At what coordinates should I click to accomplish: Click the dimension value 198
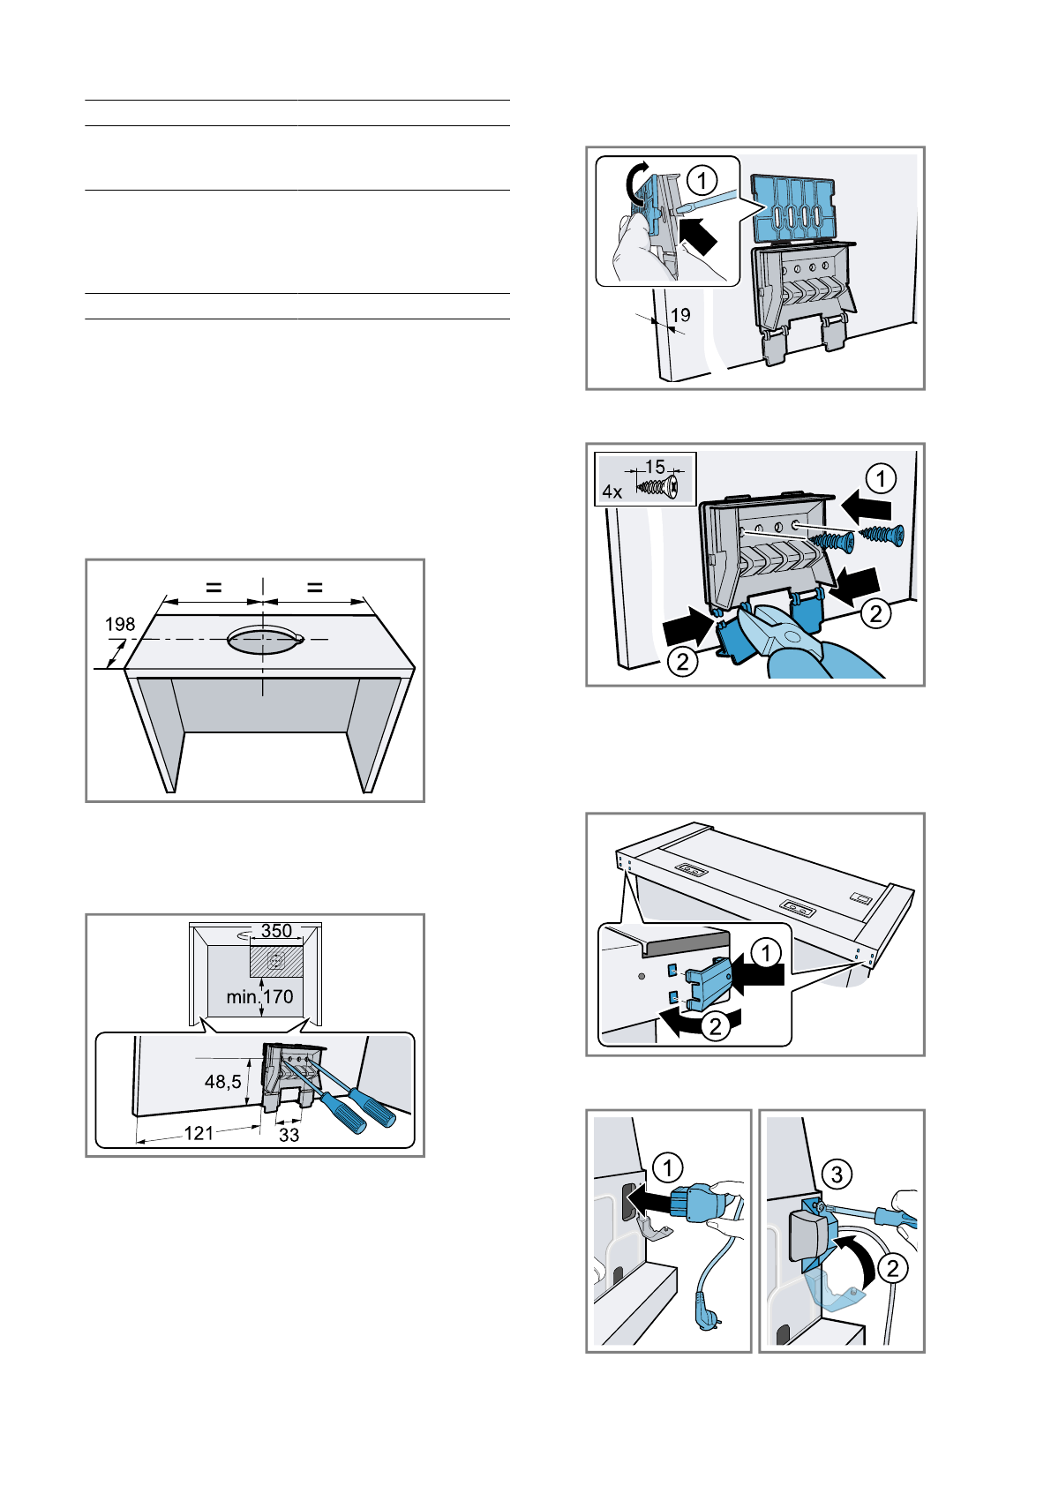click(x=120, y=624)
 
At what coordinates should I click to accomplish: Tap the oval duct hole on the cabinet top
click(x=262, y=640)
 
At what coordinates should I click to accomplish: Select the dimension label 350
click(x=276, y=931)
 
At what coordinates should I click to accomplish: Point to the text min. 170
click(x=259, y=997)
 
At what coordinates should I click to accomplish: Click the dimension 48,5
click(x=222, y=1081)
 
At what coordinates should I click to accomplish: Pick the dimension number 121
click(x=199, y=1133)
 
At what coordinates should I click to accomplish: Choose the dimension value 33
click(x=289, y=1136)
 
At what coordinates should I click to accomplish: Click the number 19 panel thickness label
click(x=680, y=315)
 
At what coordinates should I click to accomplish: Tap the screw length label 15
click(x=655, y=467)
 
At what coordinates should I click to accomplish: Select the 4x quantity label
click(x=612, y=492)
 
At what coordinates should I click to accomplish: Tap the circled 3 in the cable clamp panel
click(x=837, y=1174)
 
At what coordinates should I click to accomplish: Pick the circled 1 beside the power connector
click(x=668, y=1168)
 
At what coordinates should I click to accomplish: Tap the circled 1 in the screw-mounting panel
click(x=881, y=479)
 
